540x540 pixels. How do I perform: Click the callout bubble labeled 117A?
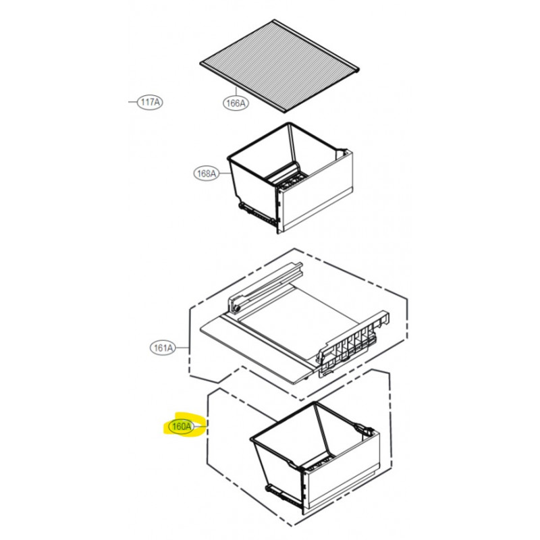(x=150, y=103)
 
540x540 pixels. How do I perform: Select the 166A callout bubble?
(x=236, y=103)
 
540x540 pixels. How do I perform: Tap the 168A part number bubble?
(x=207, y=173)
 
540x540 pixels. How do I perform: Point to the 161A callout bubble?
(x=163, y=348)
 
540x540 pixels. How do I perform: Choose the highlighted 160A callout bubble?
(x=181, y=427)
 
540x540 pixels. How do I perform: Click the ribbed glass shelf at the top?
(x=279, y=65)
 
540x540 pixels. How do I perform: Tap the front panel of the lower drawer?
(x=342, y=472)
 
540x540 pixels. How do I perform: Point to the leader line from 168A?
(x=225, y=173)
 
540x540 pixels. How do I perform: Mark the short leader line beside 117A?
(x=132, y=102)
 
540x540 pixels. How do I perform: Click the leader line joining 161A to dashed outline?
(x=182, y=348)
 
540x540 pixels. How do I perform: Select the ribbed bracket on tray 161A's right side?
(x=352, y=344)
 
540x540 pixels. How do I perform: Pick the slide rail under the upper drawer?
(x=257, y=213)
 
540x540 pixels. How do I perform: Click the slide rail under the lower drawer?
(x=284, y=496)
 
